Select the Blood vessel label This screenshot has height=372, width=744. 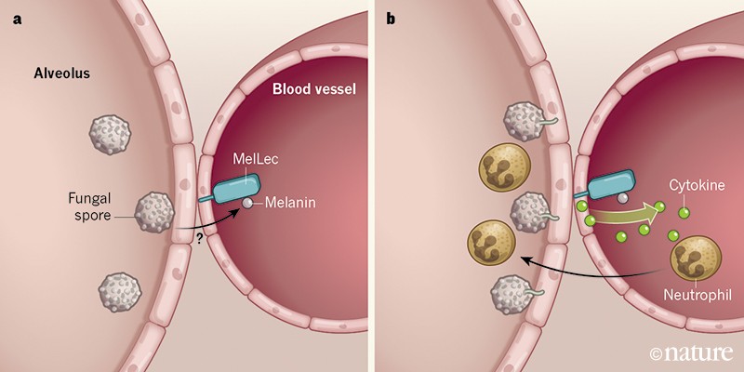313,90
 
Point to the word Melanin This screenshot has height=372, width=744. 289,202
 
